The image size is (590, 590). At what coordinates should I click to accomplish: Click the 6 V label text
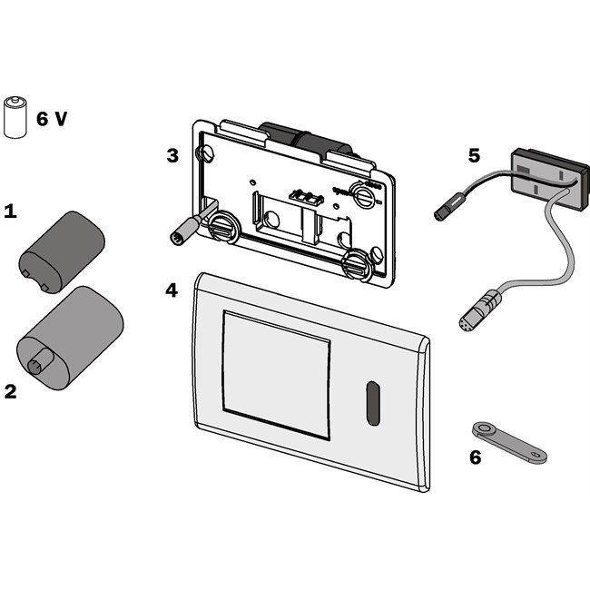tap(51, 118)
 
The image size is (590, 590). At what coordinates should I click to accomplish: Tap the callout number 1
tap(10, 211)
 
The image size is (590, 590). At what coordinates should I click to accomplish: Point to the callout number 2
tap(10, 392)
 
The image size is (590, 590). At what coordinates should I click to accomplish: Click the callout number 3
tap(172, 154)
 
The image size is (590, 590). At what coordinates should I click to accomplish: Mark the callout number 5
tap(474, 154)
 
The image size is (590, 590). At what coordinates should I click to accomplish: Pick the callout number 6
tap(475, 457)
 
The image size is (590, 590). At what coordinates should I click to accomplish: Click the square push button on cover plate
tap(276, 373)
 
